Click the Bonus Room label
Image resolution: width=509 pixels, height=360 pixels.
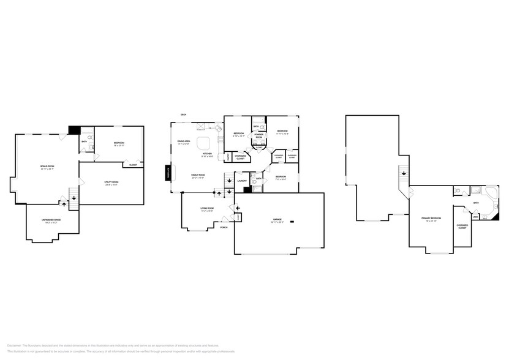[45, 167]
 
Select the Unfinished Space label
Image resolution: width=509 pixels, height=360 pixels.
[51, 222]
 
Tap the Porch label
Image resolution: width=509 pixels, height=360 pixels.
[224, 228]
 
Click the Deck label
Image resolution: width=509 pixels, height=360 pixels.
[183, 115]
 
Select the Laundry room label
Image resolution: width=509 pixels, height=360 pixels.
[242, 181]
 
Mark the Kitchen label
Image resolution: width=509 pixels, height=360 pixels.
[207, 154]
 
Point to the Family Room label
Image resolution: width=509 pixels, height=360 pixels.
[197, 176]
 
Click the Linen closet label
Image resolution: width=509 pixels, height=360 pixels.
[475, 216]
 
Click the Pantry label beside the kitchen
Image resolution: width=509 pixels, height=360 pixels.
[228, 157]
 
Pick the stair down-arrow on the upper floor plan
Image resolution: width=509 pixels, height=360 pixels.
[404, 174]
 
